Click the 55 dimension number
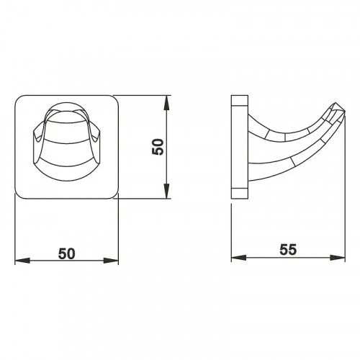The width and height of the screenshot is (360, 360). point(288,249)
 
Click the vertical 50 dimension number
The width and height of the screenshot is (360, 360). point(158,147)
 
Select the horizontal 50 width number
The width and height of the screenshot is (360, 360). point(66,253)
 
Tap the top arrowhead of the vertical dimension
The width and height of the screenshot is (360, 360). point(167,103)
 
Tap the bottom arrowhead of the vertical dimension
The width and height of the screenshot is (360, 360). point(167,192)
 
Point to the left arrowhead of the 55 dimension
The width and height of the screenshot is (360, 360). point(239,258)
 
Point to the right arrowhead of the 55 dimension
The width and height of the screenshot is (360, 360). point(338,258)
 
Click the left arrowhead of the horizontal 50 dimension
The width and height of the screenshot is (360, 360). point(22,261)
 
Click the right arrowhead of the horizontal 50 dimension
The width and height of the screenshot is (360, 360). point(111,261)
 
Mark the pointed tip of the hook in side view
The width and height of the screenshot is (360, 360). point(345,112)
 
